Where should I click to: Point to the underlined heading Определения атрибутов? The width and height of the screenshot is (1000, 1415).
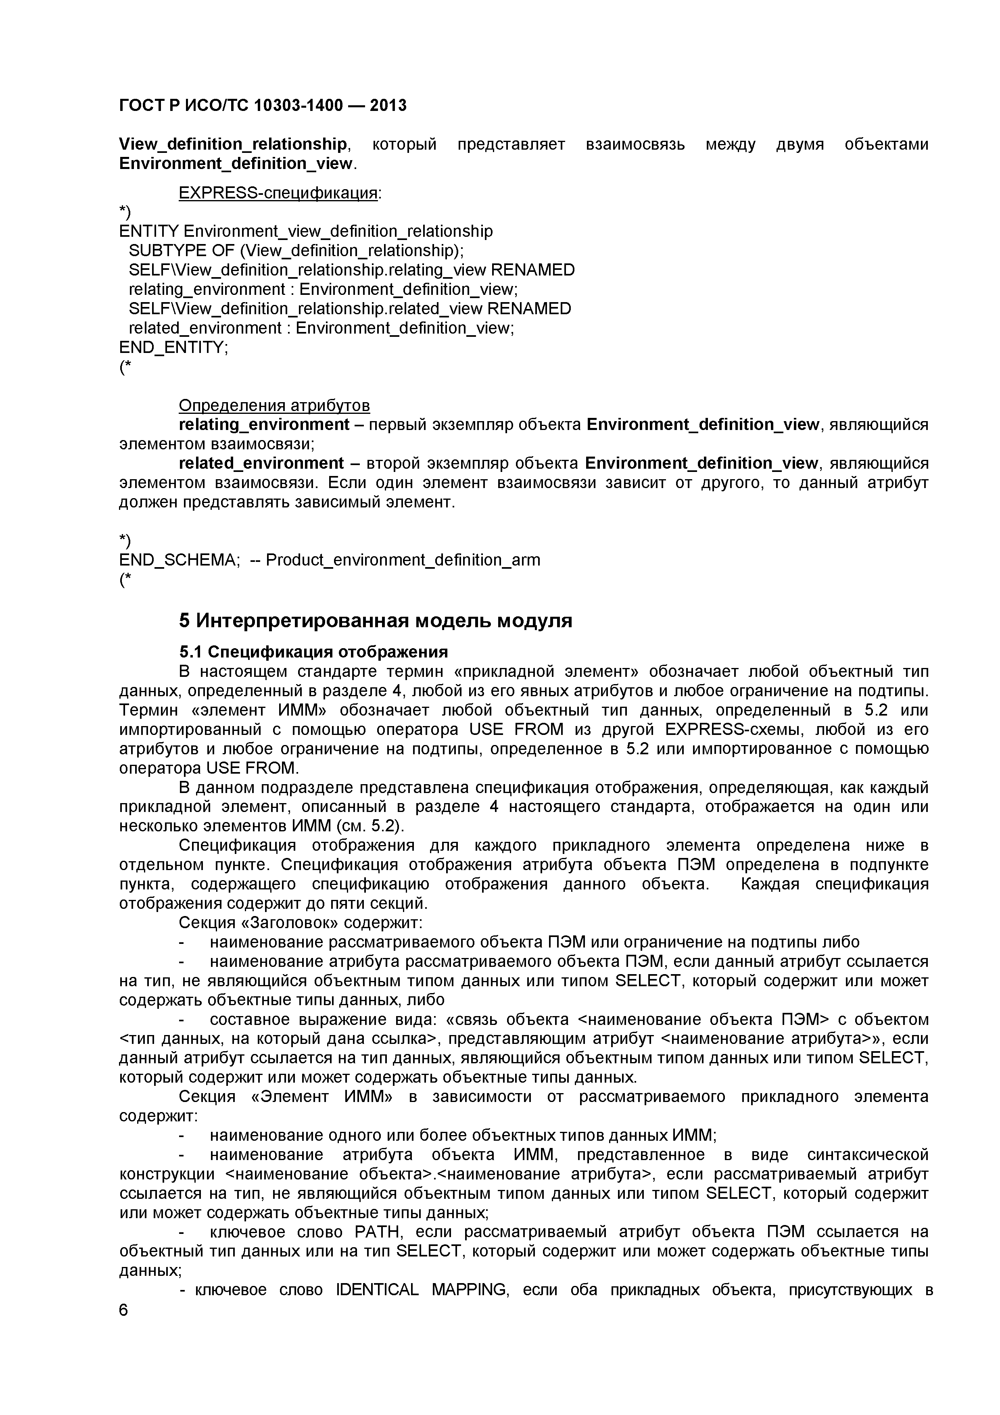274,405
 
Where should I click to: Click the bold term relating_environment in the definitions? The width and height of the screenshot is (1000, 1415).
264,425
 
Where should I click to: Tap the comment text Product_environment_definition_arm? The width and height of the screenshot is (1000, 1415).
403,559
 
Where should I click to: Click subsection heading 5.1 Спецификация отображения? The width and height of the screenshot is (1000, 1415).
313,652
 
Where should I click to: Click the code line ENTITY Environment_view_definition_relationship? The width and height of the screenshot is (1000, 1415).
306,231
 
